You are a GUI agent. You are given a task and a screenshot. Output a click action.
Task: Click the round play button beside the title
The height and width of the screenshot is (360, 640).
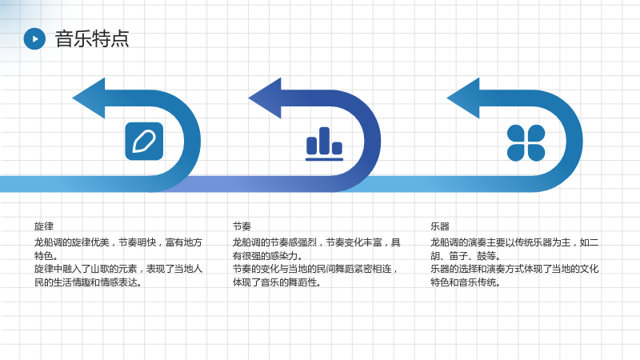34,38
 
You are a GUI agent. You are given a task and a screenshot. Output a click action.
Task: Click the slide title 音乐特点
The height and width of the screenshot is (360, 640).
92,38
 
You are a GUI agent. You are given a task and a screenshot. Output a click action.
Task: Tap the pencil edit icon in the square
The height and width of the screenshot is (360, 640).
144,142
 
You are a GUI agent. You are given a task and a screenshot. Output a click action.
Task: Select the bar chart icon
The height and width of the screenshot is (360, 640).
325,144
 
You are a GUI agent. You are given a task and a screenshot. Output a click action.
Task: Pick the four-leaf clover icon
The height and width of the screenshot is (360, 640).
526,143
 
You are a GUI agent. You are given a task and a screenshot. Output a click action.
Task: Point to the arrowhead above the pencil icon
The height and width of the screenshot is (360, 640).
89,98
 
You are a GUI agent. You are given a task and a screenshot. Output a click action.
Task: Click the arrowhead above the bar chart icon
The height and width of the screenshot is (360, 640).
265,98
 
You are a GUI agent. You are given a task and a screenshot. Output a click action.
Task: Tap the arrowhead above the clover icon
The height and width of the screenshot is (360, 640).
463,98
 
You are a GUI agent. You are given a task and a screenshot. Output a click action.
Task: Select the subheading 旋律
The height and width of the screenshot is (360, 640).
44,226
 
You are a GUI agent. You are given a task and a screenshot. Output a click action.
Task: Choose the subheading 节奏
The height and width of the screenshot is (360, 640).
242,226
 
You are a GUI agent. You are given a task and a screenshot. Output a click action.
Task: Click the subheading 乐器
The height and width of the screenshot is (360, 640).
439,226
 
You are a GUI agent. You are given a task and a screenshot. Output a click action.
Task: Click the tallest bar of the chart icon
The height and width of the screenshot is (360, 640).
325,141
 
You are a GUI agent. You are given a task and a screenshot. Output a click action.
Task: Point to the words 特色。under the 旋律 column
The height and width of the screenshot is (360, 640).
46,256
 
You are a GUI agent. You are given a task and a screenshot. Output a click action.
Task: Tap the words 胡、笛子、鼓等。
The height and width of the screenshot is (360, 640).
466,256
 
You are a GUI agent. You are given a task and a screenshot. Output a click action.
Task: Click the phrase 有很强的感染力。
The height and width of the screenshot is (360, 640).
268,256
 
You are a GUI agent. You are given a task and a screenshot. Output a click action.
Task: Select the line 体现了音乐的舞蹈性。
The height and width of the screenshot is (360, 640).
277,282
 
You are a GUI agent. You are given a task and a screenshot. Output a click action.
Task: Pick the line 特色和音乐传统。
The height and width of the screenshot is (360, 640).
466,282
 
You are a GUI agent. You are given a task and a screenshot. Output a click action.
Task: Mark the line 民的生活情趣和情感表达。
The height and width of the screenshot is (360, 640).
88,282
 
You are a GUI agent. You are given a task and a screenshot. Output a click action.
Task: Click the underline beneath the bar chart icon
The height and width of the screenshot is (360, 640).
325,159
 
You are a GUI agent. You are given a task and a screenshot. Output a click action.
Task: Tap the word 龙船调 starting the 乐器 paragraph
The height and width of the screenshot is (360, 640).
444,242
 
